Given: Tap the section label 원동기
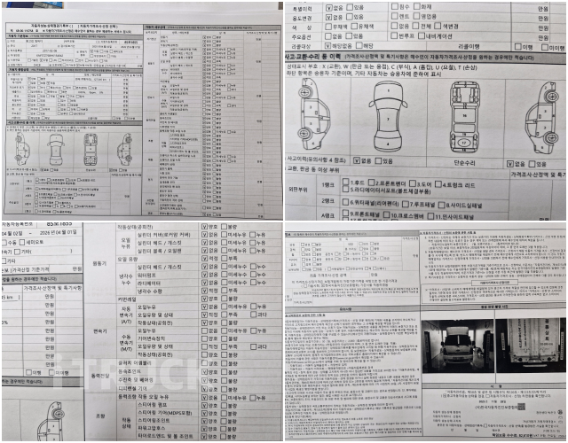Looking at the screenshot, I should (x=101, y=262).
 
